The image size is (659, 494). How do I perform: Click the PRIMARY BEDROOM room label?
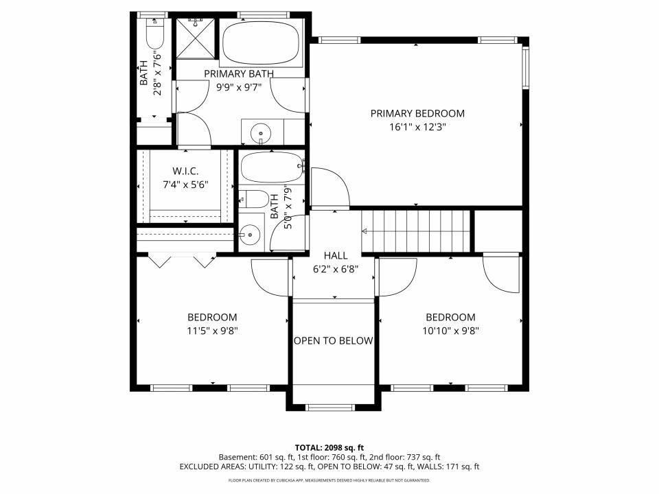pyautogui.click(x=417, y=113)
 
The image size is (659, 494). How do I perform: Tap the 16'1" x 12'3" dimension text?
pyautogui.click(x=417, y=127)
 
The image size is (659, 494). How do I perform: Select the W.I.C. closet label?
pyautogui.click(x=185, y=172)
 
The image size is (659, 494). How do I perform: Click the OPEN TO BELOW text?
pyautogui.click(x=334, y=341)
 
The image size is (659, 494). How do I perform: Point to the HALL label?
pyautogui.click(x=336, y=255)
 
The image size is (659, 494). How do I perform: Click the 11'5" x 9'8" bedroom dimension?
pyautogui.click(x=212, y=331)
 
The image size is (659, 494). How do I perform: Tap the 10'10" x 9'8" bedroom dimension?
pyautogui.click(x=450, y=331)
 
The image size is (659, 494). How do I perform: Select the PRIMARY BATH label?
pyautogui.click(x=239, y=74)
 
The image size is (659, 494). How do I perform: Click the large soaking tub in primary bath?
pyautogui.click(x=260, y=43)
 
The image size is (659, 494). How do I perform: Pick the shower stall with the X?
pyautogui.click(x=196, y=38)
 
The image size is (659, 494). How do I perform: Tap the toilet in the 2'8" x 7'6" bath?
pyautogui.click(x=154, y=34)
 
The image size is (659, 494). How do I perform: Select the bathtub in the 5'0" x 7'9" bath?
pyautogui.click(x=271, y=167)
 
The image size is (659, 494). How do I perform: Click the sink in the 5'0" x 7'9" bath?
pyautogui.click(x=250, y=235)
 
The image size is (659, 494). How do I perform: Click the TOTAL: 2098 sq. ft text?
pyautogui.click(x=329, y=448)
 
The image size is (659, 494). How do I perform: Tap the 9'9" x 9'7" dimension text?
pyautogui.click(x=239, y=87)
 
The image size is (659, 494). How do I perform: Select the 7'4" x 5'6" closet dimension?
pyautogui.click(x=185, y=185)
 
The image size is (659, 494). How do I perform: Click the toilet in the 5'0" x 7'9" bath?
pyautogui.click(x=253, y=199)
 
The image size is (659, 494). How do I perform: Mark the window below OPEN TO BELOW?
pyautogui.click(x=330, y=407)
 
